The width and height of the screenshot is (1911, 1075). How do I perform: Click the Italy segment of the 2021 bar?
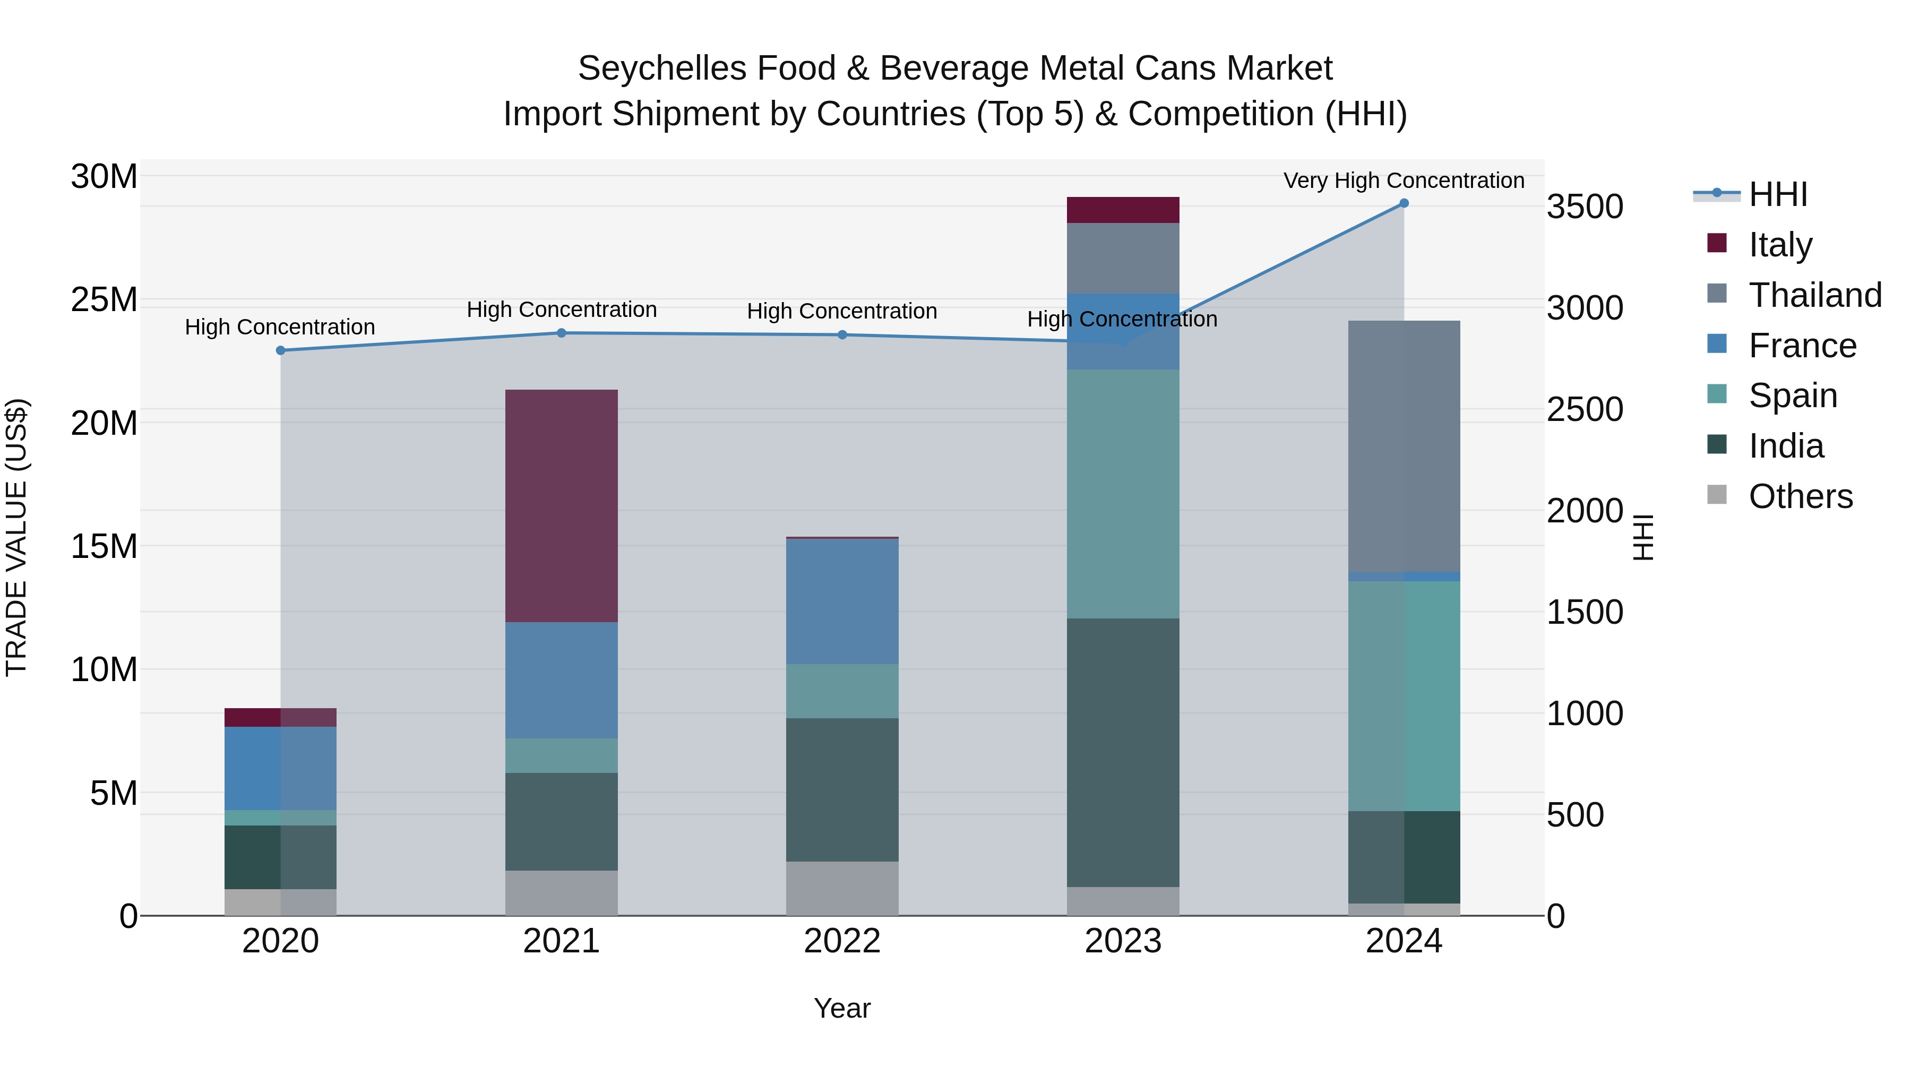point(561,505)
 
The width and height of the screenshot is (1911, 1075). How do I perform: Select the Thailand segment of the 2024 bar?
point(1404,446)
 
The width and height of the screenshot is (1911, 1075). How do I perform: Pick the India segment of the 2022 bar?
point(842,789)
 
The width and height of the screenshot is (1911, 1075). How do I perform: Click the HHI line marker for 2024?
point(1404,203)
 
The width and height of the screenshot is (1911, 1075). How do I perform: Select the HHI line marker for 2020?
point(280,350)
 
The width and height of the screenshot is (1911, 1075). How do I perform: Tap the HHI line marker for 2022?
point(842,334)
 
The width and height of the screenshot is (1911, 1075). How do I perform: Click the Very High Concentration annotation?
point(1404,180)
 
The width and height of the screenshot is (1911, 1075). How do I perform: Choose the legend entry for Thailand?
point(1814,295)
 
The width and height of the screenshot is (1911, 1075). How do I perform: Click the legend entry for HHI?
point(1777,194)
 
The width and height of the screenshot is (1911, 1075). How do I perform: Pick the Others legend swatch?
point(1717,494)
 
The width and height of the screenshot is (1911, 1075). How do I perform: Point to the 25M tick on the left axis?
point(104,300)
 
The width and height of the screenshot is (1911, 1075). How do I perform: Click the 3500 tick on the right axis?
point(1585,207)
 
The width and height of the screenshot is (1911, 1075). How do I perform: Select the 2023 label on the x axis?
point(1122,941)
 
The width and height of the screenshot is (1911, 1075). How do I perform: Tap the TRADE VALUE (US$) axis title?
point(16,537)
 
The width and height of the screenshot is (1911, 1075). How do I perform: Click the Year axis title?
point(842,1008)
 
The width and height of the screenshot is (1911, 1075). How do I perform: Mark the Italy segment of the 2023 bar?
point(1122,210)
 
